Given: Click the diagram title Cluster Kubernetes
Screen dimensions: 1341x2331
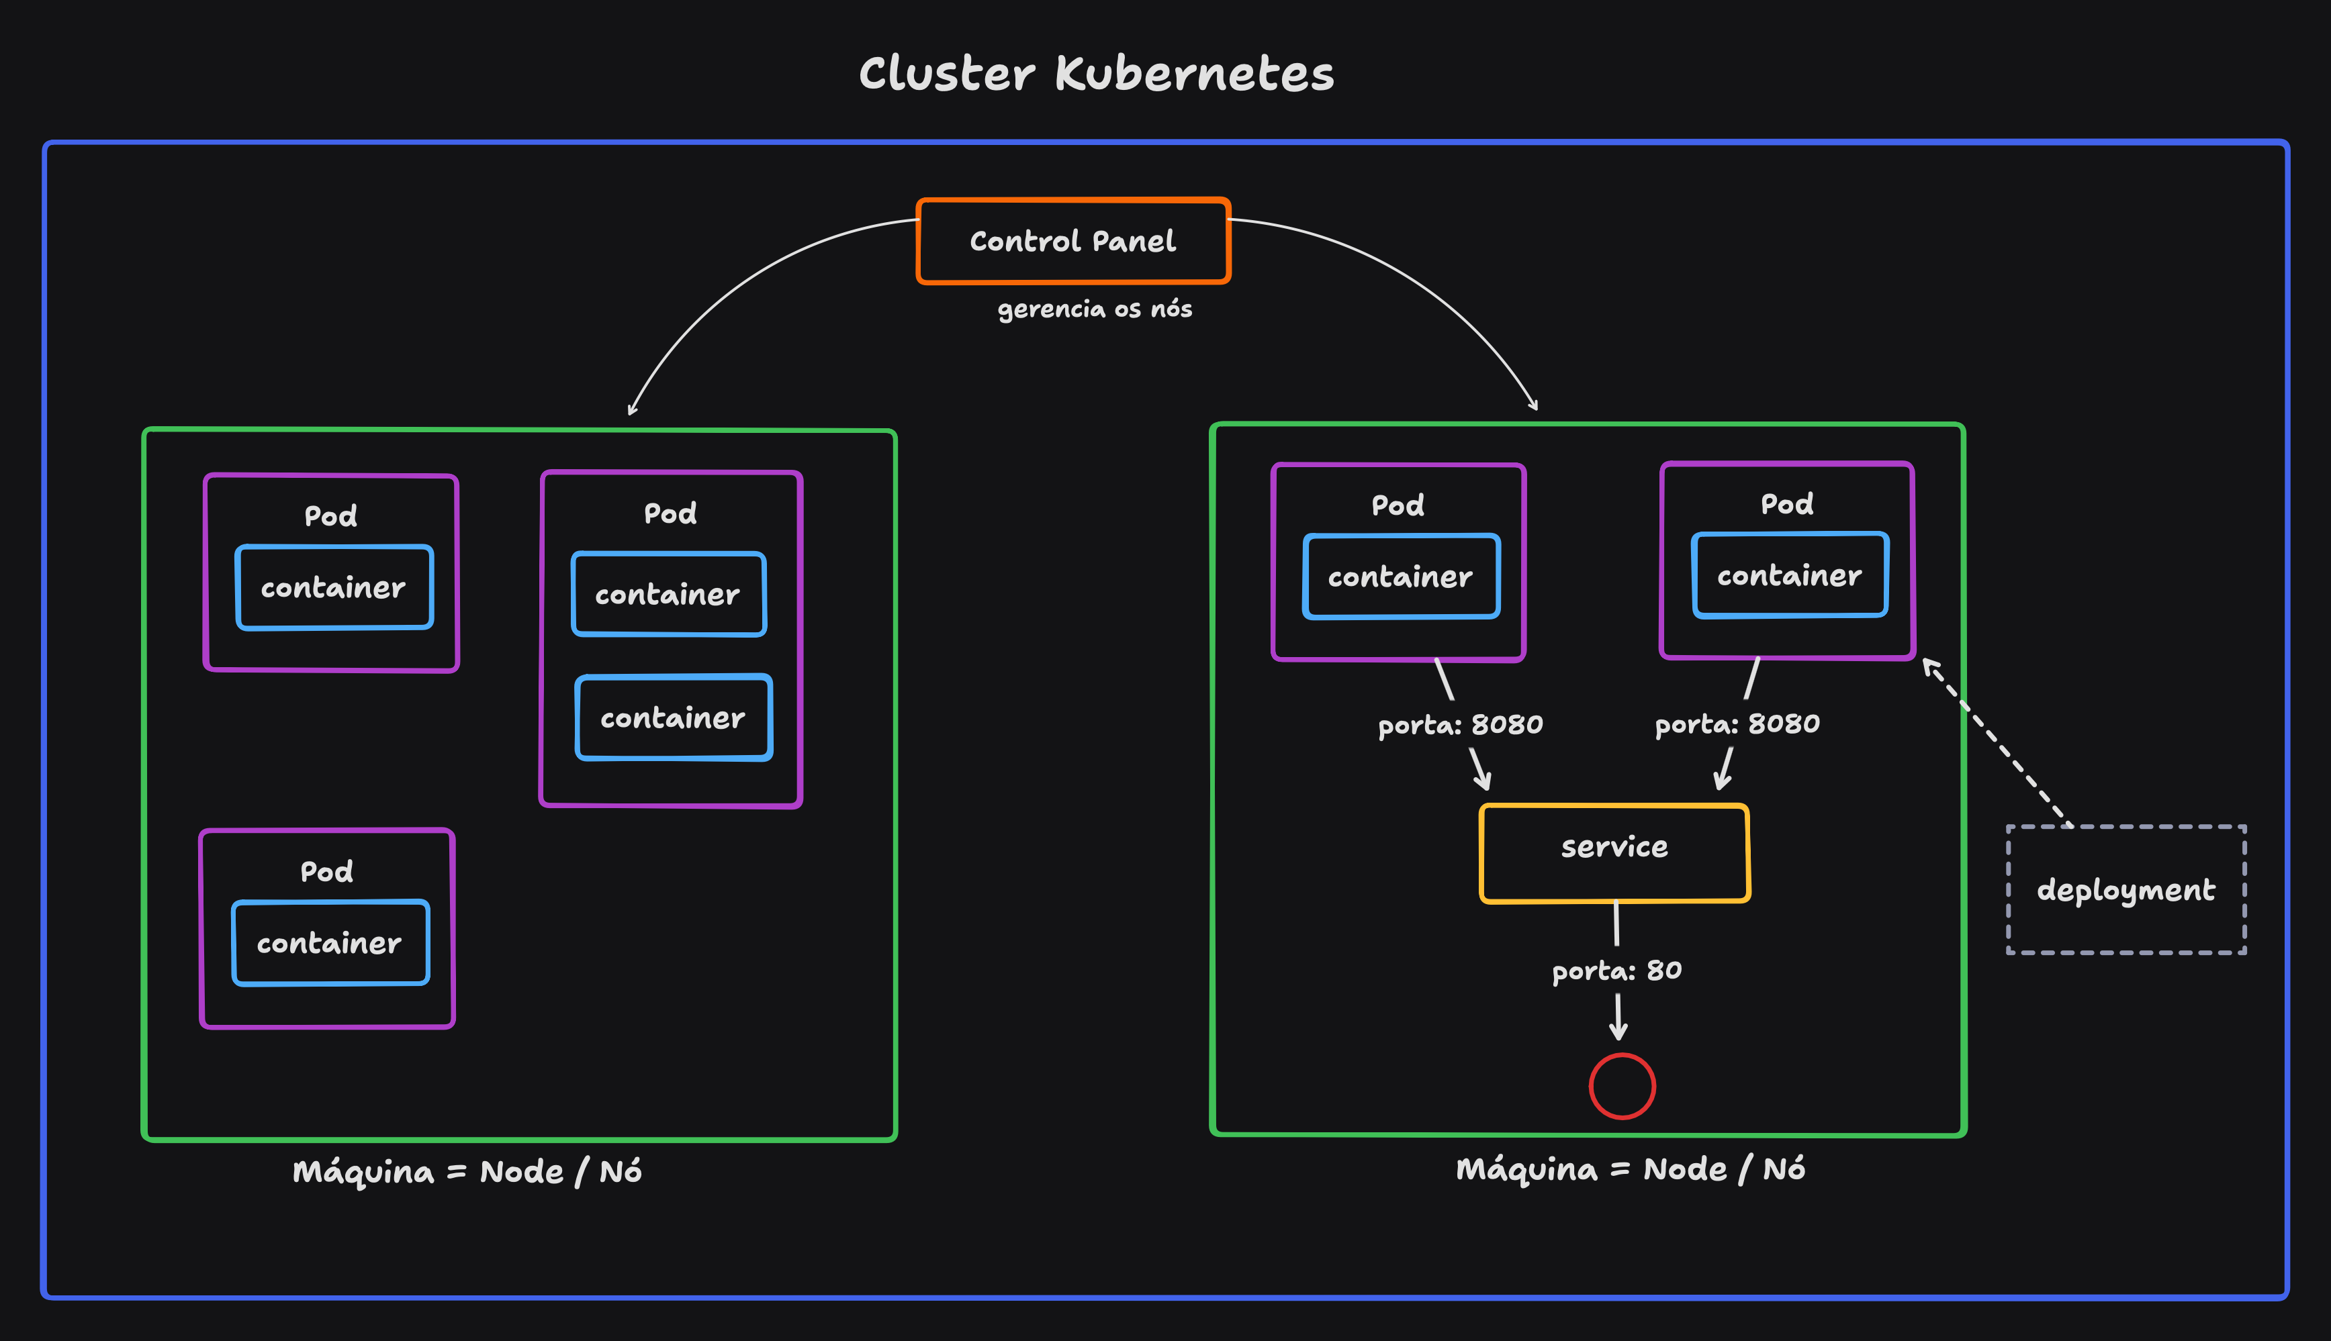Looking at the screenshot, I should pyautogui.click(x=1097, y=74).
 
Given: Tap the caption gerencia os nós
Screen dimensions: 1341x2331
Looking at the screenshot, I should pyautogui.click(x=1095, y=309).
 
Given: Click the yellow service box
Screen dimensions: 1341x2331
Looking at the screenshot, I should pyautogui.click(x=1614, y=853).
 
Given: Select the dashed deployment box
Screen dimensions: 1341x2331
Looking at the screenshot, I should pyautogui.click(x=2126, y=890).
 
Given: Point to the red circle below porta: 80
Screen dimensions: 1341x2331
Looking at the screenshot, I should pyautogui.click(x=1622, y=1086).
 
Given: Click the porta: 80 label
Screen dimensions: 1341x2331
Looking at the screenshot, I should pyautogui.click(x=1617, y=971).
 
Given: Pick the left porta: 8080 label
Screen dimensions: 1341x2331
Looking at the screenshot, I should pyautogui.click(x=1461, y=725).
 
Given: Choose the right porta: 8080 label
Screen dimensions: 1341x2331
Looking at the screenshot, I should pyautogui.click(x=1737, y=724).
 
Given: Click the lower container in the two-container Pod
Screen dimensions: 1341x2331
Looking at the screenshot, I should pyautogui.click(x=674, y=717).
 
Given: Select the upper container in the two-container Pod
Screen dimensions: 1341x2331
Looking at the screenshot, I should pyautogui.click(x=668, y=594).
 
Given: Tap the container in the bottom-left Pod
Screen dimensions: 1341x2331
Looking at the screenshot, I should pyautogui.click(x=330, y=942).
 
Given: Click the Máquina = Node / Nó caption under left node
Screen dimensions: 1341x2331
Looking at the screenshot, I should pyautogui.click(x=467, y=1172).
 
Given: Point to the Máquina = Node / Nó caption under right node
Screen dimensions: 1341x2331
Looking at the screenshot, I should pyautogui.click(x=1630, y=1169).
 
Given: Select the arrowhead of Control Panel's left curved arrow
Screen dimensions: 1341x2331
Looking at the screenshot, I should pyautogui.click(x=631, y=411).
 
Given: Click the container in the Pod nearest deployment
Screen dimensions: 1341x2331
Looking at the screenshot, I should pyautogui.click(x=1789, y=576).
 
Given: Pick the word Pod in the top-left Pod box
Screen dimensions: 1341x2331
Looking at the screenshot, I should pyautogui.click(x=331, y=515).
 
